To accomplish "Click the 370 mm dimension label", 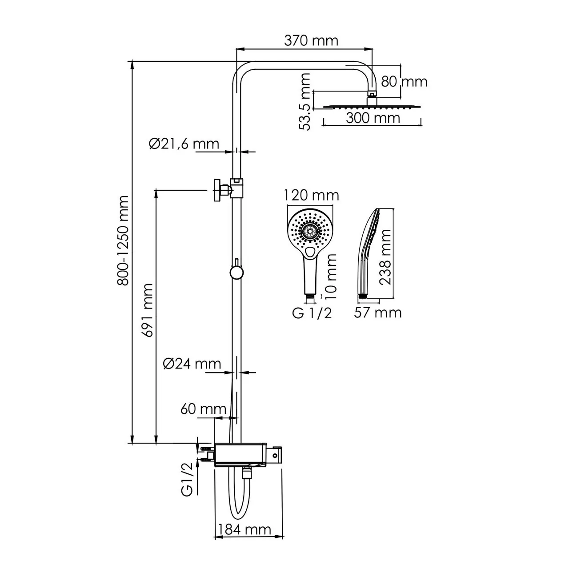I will tap(311, 41).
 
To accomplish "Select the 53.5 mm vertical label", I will tap(305, 102).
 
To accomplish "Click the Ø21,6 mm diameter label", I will tap(184, 144).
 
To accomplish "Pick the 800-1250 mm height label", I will tap(123, 240).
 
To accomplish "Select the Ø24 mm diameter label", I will tap(192, 364).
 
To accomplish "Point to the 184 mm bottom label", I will tap(244, 529).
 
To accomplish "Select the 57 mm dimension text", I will tap(377, 313).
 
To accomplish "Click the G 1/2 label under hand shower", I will tap(312, 313).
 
